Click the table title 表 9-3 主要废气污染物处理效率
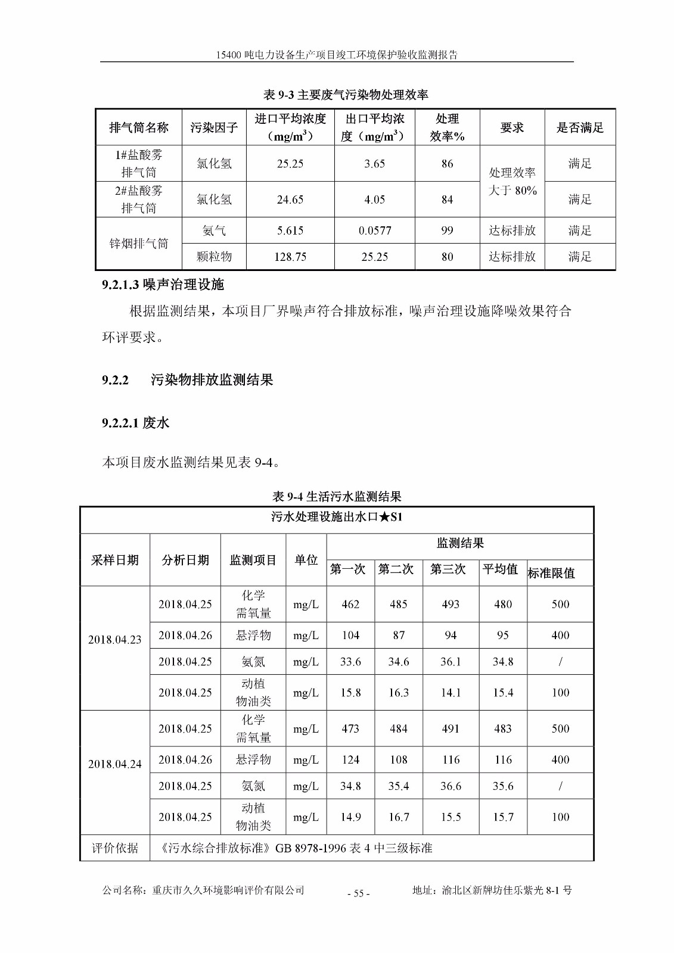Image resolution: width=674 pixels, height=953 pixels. coord(346,95)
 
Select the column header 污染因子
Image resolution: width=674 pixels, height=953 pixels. coord(214,127)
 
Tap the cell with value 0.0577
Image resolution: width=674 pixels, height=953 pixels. coord(375,231)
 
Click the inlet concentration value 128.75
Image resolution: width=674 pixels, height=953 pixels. coord(290,257)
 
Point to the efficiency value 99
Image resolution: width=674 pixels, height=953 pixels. coord(447,231)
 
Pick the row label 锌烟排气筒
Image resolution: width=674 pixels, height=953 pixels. coord(139,244)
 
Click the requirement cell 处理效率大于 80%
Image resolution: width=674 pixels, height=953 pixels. coord(513,181)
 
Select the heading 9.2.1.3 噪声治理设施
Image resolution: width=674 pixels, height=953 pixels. coord(163,285)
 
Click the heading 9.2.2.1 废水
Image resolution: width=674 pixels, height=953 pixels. coord(135,423)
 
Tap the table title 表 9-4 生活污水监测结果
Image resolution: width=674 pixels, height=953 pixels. coord(337,496)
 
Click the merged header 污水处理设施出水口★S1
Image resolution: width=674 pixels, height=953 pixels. coord(337,517)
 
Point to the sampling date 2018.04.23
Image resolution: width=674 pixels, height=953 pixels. coord(115,640)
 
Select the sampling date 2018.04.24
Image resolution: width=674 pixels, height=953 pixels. coord(115,764)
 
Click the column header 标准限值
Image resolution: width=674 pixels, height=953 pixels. coord(551,573)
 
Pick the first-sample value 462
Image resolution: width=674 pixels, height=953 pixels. coord(350,604)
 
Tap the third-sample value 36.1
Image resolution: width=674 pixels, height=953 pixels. coord(451,662)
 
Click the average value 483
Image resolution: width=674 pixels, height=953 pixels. coord(503,728)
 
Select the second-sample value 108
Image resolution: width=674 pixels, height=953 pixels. coord(399,759)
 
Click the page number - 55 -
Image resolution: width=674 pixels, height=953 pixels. coord(358,893)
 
